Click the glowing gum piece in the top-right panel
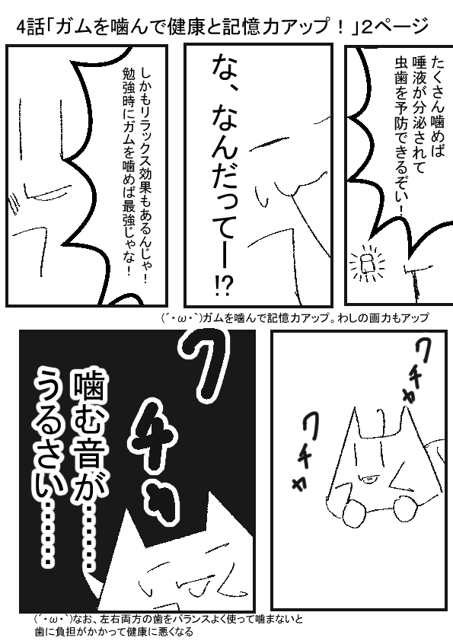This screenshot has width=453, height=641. coord(367,263)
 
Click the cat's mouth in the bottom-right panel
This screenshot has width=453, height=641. coord(367,476)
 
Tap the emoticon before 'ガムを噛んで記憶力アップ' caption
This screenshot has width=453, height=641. coord(181,317)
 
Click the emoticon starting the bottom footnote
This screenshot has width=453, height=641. coord(53,618)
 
